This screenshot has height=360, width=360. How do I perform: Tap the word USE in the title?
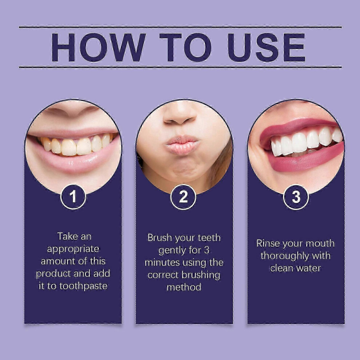tap(266, 47)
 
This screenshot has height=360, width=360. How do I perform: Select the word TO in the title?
tap(185, 47)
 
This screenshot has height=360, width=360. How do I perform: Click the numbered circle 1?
tap(73, 197)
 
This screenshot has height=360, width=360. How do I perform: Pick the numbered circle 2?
tap(183, 197)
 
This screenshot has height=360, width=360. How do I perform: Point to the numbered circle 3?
tap(296, 197)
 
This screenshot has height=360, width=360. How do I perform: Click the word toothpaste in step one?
tap(83, 286)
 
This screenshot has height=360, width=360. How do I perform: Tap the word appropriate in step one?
tap(73, 249)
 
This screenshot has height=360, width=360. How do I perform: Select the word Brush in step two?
tap(160, 237)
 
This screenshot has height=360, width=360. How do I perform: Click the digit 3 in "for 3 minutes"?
tap(207, 250)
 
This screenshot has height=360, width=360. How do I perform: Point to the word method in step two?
tap(184, 287)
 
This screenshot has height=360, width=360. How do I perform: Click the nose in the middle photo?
tap(180, 114)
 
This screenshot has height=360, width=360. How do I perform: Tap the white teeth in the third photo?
tap(305, 142)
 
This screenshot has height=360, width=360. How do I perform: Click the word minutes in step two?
tap(162, 263)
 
